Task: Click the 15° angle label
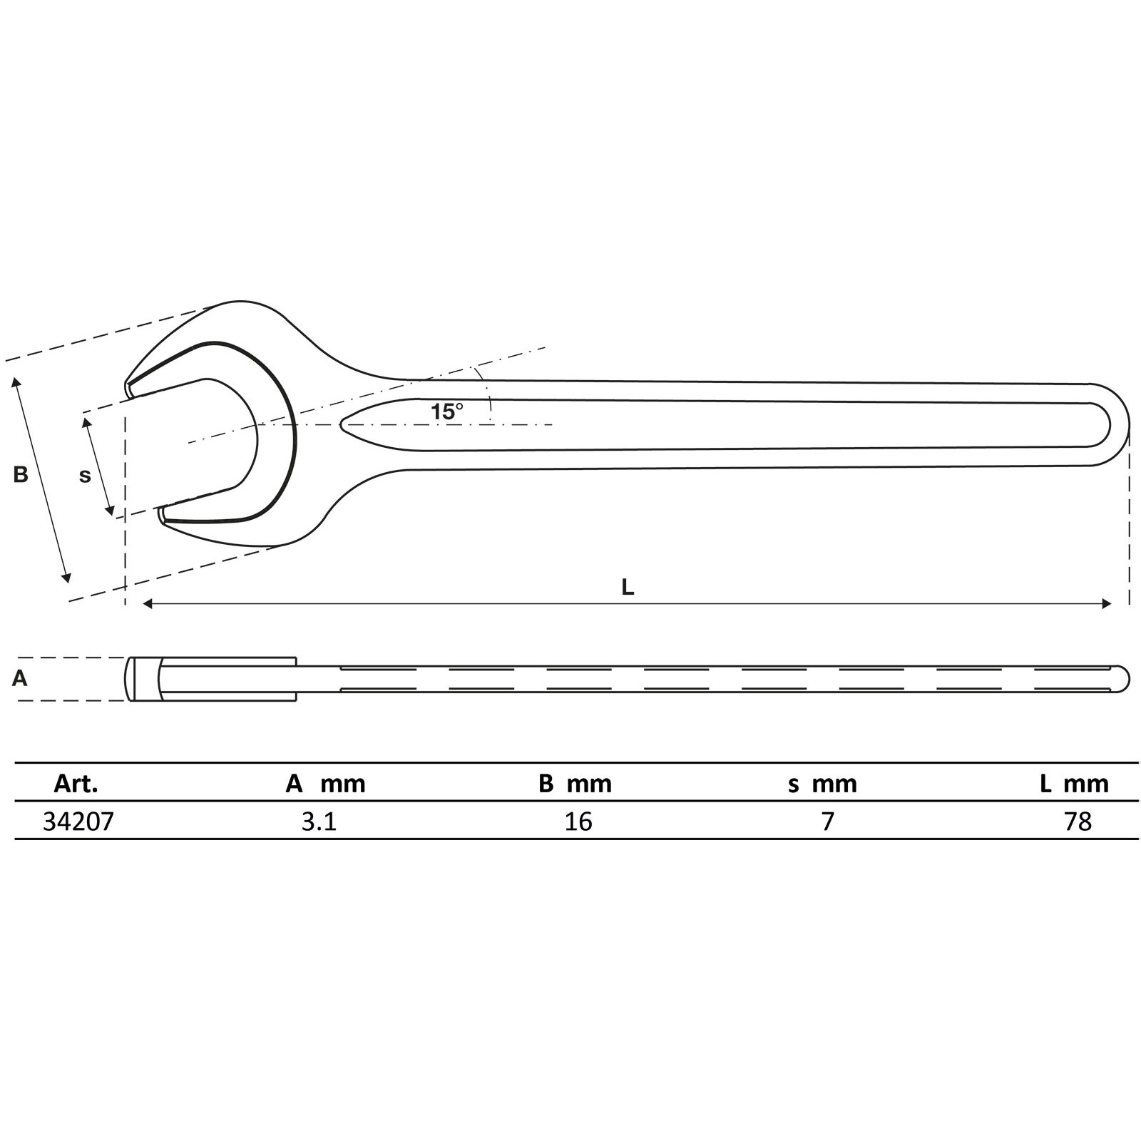click(x=447, y=411)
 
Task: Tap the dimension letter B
click(x=21, y=474)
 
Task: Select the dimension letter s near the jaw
click(x=85, y=476)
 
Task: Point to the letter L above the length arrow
click(x=628, y=587)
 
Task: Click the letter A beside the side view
click(x=20, y=678)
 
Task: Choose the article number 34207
click(x=78, y=822)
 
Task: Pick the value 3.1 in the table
click(x=319, y=822)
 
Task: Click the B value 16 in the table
click(x=578, y=822)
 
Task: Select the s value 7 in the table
click(x=827, y=822)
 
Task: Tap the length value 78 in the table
click(x=1078, y=822)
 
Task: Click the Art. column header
click(x=76, y=784)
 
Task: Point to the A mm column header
click(x=325, y=784)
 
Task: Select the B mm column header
click(x=575, y=784)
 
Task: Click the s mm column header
click(x=822, y=784)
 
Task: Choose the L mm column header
click(x=1074, y=784)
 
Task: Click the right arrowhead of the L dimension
click(x=1107, y=604)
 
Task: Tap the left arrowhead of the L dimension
click(x=148, y=604)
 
